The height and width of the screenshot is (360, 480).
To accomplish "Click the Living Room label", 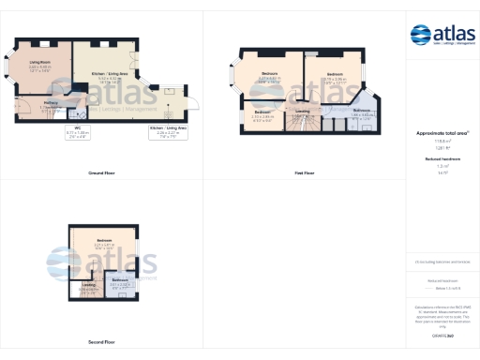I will coord(39,64).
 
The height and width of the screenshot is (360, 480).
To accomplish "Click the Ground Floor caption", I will coord(101,173).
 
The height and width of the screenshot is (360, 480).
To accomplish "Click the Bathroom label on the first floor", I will coord(362,111).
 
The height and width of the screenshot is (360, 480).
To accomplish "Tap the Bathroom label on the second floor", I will coord(120,280).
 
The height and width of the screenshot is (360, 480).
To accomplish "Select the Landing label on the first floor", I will coord(302,112).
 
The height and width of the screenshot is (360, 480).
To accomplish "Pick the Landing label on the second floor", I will coord(88,285).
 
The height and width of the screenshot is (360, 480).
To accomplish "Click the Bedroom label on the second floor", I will coord(105,242).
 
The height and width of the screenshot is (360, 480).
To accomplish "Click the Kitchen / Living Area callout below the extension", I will coord(169,133).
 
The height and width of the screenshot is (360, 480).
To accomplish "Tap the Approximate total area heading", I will coord(442,134).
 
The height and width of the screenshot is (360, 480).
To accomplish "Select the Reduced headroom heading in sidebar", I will coord(442,160).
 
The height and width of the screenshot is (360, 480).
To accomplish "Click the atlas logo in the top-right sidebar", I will coord(442,36).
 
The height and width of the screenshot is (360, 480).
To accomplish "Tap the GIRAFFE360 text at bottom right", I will coord(442,334).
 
